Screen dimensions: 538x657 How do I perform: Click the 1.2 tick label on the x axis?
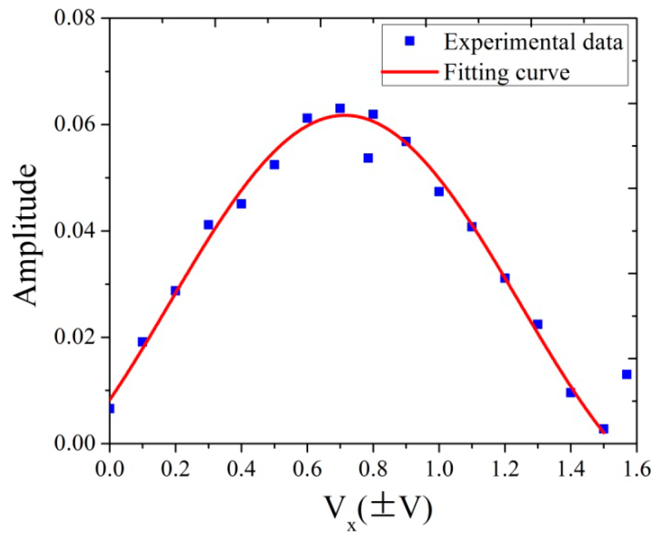click(x=505, y=469)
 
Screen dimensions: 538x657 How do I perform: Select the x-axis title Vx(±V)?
click(x=378, y=511)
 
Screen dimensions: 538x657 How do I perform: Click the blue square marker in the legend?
click(x=410, y=41)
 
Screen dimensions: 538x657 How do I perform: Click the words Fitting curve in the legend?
click(x=507, y=72)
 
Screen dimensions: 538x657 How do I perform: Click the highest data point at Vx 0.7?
click(x=340, y=108)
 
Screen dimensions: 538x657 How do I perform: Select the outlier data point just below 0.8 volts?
click(x=368, y=158)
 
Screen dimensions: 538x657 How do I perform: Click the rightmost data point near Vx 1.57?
click(x=626, y=374)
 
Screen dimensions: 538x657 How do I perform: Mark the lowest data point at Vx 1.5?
click(x=603, y=429)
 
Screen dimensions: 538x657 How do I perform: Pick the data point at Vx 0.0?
click(x=110, y=408)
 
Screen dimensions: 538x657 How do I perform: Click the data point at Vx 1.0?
click(x=439, y=191)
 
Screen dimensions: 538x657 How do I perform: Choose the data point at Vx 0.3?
click(x=208, y=225)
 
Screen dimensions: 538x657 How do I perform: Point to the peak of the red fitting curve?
click(x=343, y=115)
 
